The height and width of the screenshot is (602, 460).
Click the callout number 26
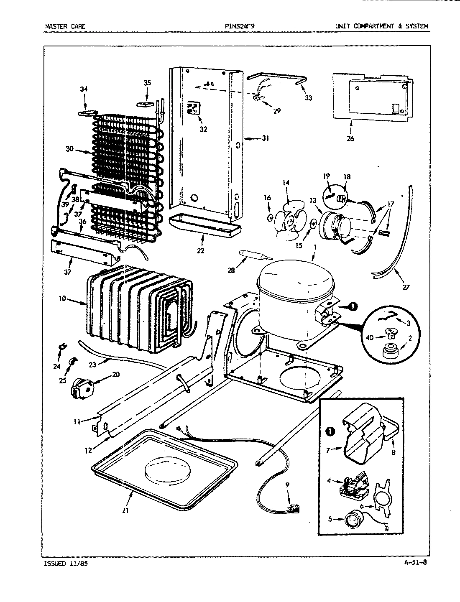350,138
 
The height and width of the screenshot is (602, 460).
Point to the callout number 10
63,299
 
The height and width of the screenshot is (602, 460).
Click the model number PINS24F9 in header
240,26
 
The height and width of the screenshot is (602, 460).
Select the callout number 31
265,138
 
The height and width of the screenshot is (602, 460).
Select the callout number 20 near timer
115,375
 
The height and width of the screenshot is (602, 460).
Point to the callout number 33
308,98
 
